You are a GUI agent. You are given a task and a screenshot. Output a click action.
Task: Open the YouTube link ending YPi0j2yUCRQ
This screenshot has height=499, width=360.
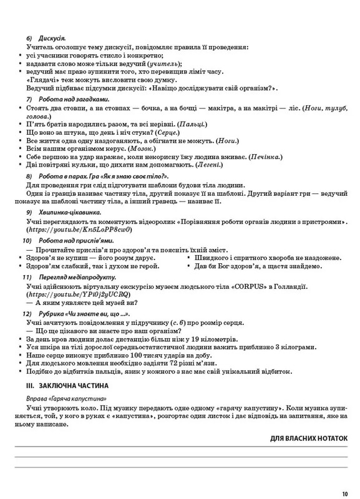click(x=78, y=294)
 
